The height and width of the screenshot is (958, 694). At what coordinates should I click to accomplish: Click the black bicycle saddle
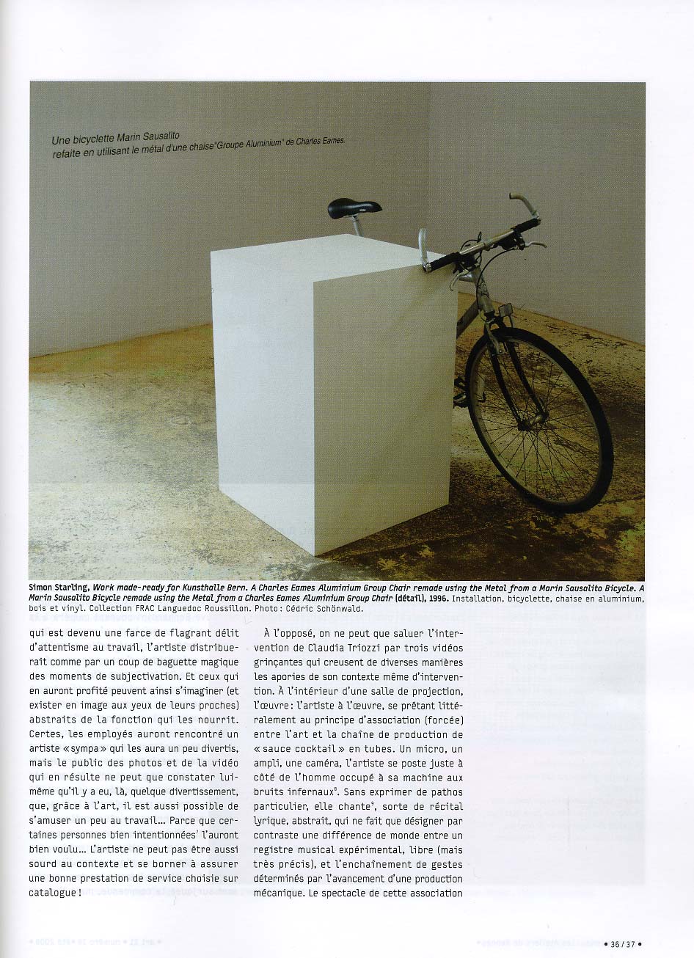[354, 208]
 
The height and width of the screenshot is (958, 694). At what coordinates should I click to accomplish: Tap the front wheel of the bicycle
[539, 418]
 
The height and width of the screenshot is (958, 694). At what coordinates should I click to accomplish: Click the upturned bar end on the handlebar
[522, 202]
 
